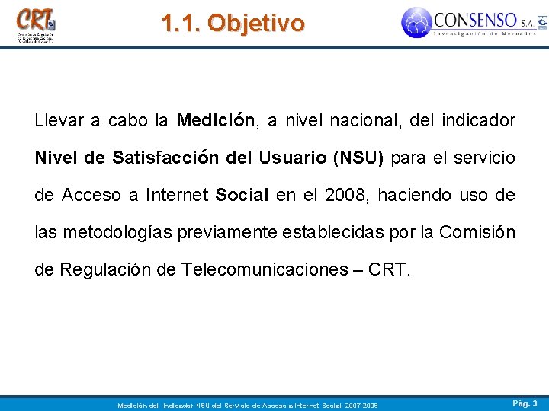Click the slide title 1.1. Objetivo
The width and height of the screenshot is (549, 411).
click(x=233, y=23)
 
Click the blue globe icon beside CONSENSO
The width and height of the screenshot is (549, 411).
click(x=416, y=22)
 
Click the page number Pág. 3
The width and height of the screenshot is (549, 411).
click(x=525, y=403)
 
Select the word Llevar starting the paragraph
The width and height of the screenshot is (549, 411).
click(x=57, y=121)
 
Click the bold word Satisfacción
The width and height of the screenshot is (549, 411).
click(x=170, y=158)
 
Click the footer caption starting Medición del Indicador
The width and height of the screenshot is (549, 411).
click(x=248, y=405)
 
